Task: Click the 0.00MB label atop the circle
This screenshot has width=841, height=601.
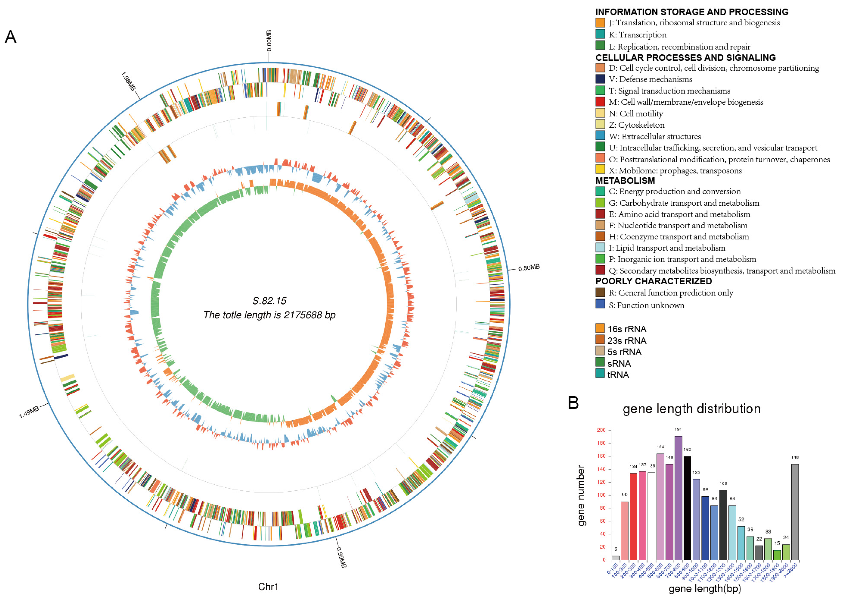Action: click(269, 41)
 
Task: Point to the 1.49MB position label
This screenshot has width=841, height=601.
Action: click(29, 412)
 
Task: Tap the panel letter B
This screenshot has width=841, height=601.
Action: click(573, 403)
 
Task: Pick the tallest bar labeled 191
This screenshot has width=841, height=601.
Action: click(678, 498)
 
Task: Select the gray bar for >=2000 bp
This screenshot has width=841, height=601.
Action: click(795, 512)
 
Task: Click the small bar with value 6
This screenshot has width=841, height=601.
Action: click(615, 558)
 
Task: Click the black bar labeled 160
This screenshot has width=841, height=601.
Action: click(687, 508)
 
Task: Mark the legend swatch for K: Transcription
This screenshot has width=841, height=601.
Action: click(600, 34)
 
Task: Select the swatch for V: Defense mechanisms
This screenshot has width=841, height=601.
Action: click(600, 79)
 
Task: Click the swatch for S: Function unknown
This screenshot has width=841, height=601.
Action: click(600, 304)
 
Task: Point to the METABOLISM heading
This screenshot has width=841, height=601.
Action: click(625, 181)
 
